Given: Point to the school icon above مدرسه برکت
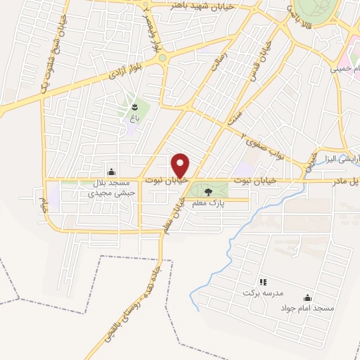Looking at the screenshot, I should (x=263, y=282).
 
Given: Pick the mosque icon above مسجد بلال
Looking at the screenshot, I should (x=110, y=172).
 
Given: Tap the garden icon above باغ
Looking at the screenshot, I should (x=134, y=107).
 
